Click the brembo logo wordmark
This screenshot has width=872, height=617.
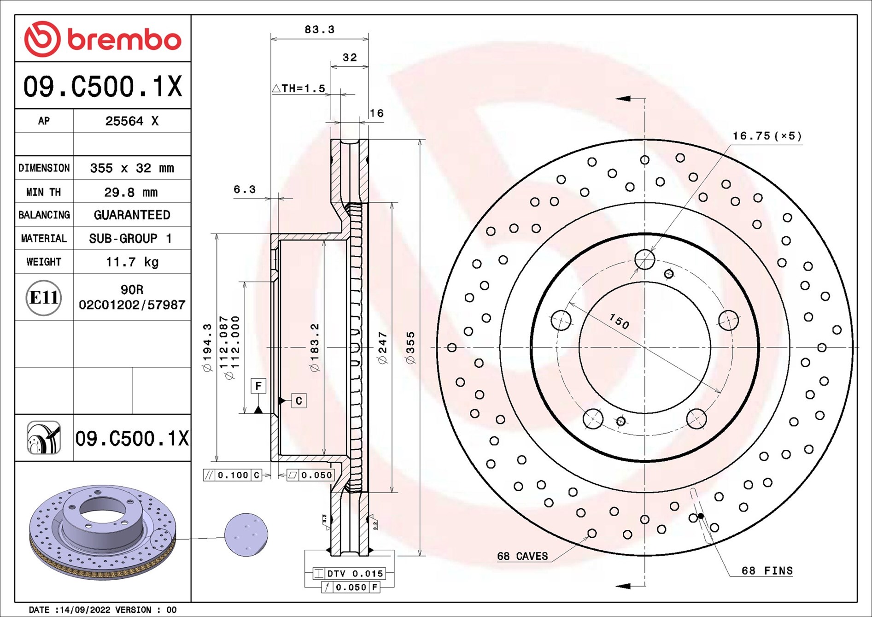click(124, 40)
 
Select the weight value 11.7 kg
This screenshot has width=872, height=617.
click(132, 262)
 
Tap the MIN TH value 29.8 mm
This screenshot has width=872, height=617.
click(131, 192)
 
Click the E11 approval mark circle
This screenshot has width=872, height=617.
click(44, 298)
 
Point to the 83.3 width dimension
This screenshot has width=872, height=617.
click(319, 29)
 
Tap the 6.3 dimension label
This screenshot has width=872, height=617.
click(244, 189)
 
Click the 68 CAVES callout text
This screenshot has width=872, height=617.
click(522, 556)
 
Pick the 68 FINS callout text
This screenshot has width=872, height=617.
click(767, 570)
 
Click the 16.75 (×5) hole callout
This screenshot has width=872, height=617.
click(767, 136)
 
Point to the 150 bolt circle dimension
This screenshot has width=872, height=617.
click(619, 321)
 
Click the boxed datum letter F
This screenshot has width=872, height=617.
click(258, 386)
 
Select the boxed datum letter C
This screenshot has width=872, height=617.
click(299, 400)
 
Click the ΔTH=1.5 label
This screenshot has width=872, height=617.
click(298, 88)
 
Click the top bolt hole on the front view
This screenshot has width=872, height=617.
click(644, 260)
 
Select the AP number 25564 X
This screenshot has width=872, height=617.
click(132, 121)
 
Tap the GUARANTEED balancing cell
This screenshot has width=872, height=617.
click(132, 215)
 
